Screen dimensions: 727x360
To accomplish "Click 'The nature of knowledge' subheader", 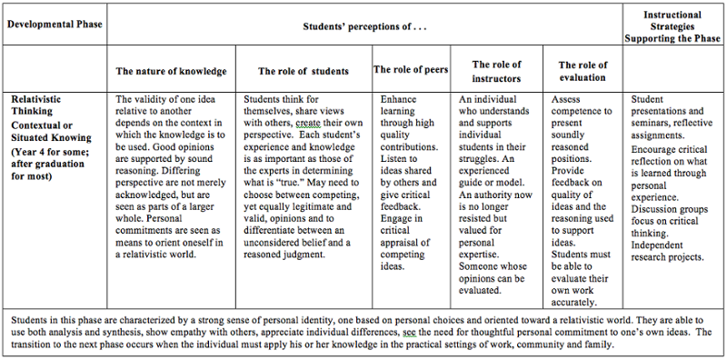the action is [x=171, y=71].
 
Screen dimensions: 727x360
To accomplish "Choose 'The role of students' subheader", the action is [x=304, y=71].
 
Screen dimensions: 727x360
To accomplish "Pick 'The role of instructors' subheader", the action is [x=496, y=71].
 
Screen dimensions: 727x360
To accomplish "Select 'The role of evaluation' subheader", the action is [x=583, y=71].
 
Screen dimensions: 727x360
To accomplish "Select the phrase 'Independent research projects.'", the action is [x=667, y=250].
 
